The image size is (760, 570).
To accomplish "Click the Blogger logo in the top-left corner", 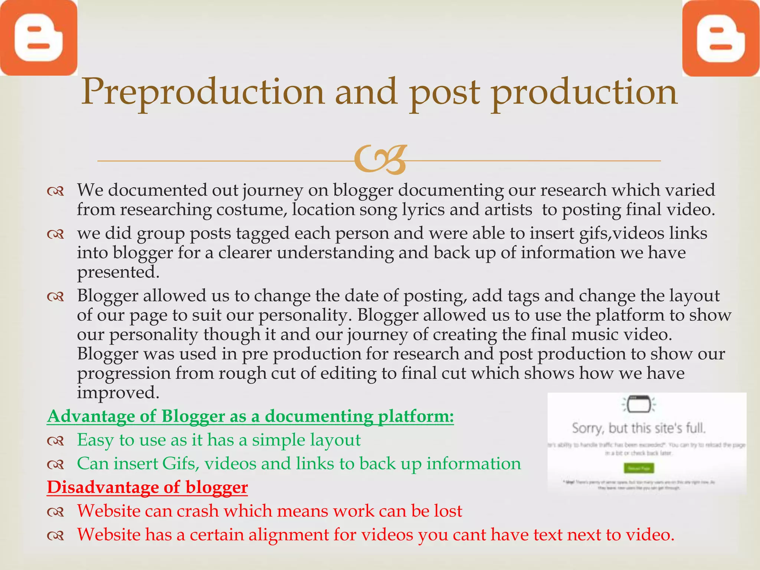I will pos(38,38).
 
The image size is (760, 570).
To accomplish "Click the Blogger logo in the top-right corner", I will pos(721,38).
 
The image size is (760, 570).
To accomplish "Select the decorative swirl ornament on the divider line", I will pos(380,160).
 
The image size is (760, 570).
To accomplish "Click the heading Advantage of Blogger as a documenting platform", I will pos(250,416).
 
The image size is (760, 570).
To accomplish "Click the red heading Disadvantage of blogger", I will pos(147,487).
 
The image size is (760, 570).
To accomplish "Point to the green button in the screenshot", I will pos(639,468).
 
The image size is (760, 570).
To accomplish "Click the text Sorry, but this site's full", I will pos(639,428).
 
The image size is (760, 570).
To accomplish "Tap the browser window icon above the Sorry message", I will pos(639,404).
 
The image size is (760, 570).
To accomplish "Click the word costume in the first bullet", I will pos(251,210).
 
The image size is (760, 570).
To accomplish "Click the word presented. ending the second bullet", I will pos(118,272).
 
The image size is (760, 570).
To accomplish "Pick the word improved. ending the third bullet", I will pos(118,393).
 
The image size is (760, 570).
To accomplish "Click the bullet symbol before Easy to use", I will pos(56,441).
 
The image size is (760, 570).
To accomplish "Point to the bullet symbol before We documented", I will pos(56,191).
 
